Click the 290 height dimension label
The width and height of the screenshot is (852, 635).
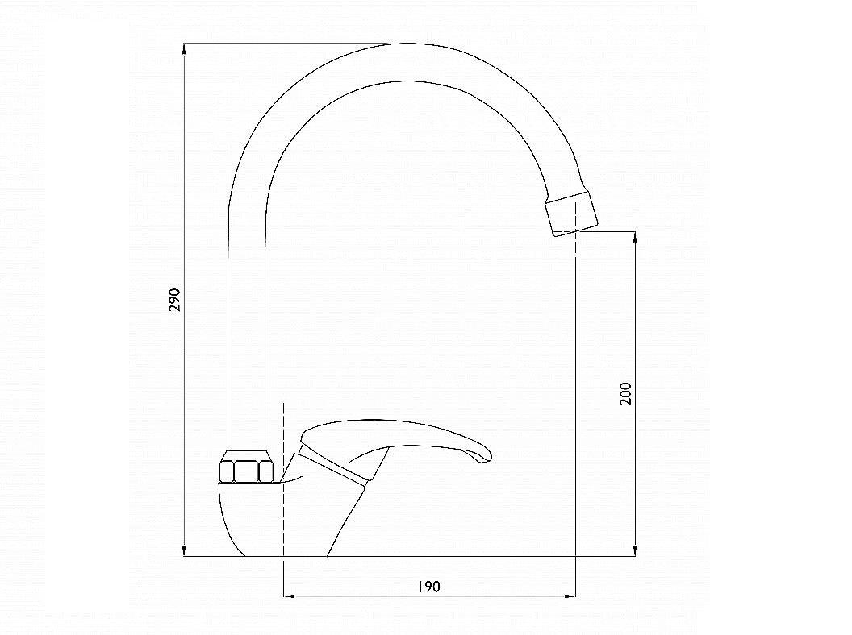[x=174, y=300]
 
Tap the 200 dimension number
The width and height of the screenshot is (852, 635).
[x=626, y=393]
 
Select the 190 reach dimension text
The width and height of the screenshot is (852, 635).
[x=428, y=587]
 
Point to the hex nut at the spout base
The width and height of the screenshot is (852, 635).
[x=245, y=466]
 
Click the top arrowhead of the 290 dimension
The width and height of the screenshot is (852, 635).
[x=185, y=48]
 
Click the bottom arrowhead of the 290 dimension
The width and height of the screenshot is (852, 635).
[x=185, y=551]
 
